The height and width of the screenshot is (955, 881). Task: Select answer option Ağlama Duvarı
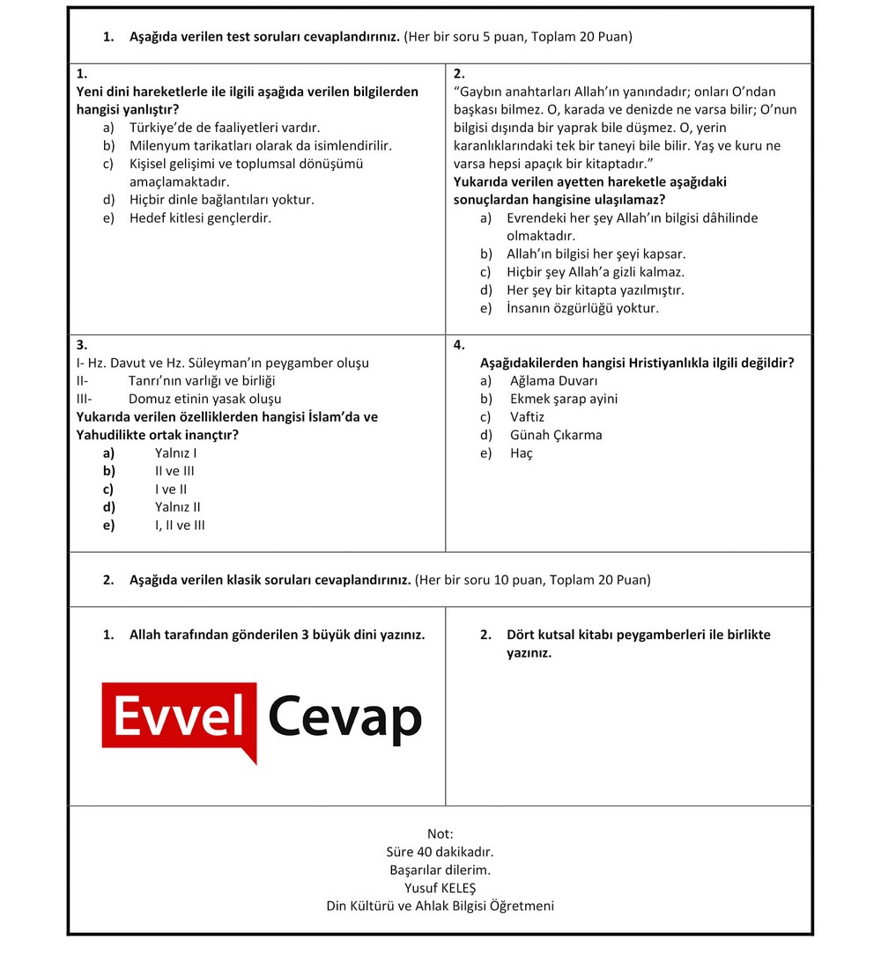click(x=553, y=381)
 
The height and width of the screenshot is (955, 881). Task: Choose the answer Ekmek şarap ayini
click(x=564, y=399)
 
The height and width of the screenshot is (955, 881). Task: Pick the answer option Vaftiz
click(x=527, y=417)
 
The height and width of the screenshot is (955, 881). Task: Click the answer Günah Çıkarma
click(x=556, y=435)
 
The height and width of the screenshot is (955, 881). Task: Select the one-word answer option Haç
click(x=522, y=453)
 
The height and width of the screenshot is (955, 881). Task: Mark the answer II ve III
click(x=174, y=471)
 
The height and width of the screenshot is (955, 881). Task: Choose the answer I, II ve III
click(x=180, y=525)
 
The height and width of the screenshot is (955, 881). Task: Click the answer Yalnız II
click(x=178, y=507)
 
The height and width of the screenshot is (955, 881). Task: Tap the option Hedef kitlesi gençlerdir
click(x=200, y=218)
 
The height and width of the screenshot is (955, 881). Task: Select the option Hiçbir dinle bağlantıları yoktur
click(x=221, y=200)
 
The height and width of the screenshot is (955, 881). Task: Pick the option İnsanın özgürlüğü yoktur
click(x=582, y=308)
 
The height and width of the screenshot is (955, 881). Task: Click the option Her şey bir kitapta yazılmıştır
click(x=595, y=290)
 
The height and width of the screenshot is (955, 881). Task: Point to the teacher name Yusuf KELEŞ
click(x=440, y=888)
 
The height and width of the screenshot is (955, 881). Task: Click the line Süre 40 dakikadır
click(x=440, y=852)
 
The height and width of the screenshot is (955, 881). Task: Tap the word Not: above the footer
click(x=440, y=834)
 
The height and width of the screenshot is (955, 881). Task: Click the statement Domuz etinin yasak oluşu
click(x=204, y=399)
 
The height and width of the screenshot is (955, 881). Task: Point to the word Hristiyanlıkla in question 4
click(x=669, y=363)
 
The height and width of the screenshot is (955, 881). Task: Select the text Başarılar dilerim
click(x=440, y=870)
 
